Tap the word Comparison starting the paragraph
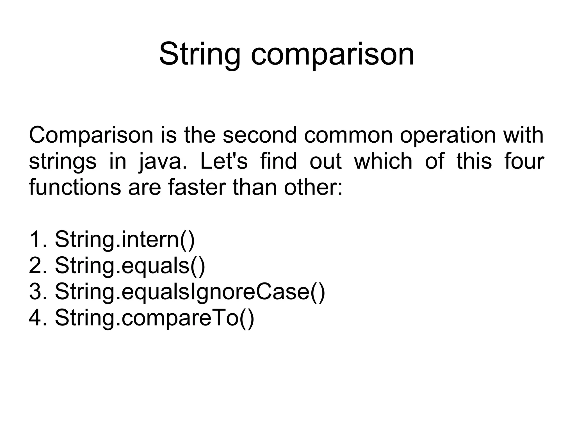(x=91, y=135)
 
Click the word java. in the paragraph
(x=163, y=162)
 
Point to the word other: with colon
(x=313, y=187)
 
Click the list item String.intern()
(x=125, y=239)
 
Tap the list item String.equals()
(x=130, y=265)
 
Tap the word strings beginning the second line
(x=62, y=162)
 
